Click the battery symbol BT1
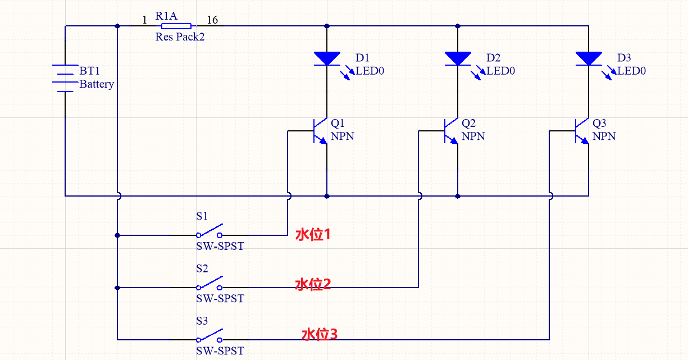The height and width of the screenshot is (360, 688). (65, 78)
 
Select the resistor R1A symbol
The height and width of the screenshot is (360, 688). (176, 26)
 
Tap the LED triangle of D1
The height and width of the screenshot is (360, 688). (327, 58)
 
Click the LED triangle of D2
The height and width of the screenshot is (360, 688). (458, 58)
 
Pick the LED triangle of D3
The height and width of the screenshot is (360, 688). (589, 58)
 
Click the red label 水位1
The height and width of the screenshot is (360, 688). (313, 235)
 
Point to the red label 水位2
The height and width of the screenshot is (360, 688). (313, 284)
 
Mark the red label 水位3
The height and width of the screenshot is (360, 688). (320, 335)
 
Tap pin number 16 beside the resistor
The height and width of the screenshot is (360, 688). (212, 20)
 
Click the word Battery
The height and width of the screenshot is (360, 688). (97, 84)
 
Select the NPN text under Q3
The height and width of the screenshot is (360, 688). (604, 136)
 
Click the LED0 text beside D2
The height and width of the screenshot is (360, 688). (500, 71)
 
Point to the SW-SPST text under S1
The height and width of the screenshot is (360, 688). (220, 247)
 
